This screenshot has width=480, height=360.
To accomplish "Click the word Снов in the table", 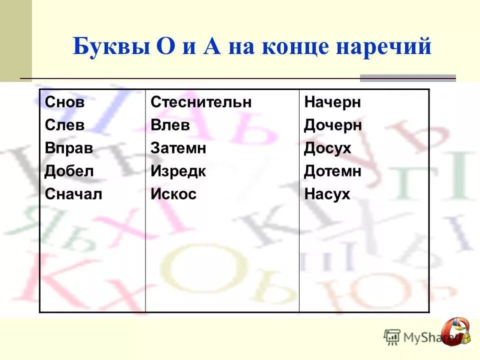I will [x=64, y=103].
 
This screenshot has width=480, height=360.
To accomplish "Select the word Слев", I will [x=64, y=125].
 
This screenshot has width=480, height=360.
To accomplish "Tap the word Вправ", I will [x=69, y=148].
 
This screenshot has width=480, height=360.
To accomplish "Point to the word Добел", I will [x=69, y=171].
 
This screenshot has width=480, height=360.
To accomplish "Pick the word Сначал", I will [x=73, y=194].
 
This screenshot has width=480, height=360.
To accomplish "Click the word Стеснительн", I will [x=201, y=103].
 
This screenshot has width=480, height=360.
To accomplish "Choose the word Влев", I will [x=170, y=125].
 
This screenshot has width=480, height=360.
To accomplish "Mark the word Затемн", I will [x=178, y=148].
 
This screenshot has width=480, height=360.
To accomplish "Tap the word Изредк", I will [x=178, y=171].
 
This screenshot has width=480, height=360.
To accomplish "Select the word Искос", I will [x=173, y=194].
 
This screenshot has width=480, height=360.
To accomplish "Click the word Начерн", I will [x=332, y=103].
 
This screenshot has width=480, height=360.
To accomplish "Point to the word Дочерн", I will [x=332, y=125].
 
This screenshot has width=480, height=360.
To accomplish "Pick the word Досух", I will [x=327, y=148].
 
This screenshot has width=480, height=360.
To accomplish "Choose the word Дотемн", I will [x=332, y=171].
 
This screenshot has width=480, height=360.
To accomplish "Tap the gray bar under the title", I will [x=408, y=78].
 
